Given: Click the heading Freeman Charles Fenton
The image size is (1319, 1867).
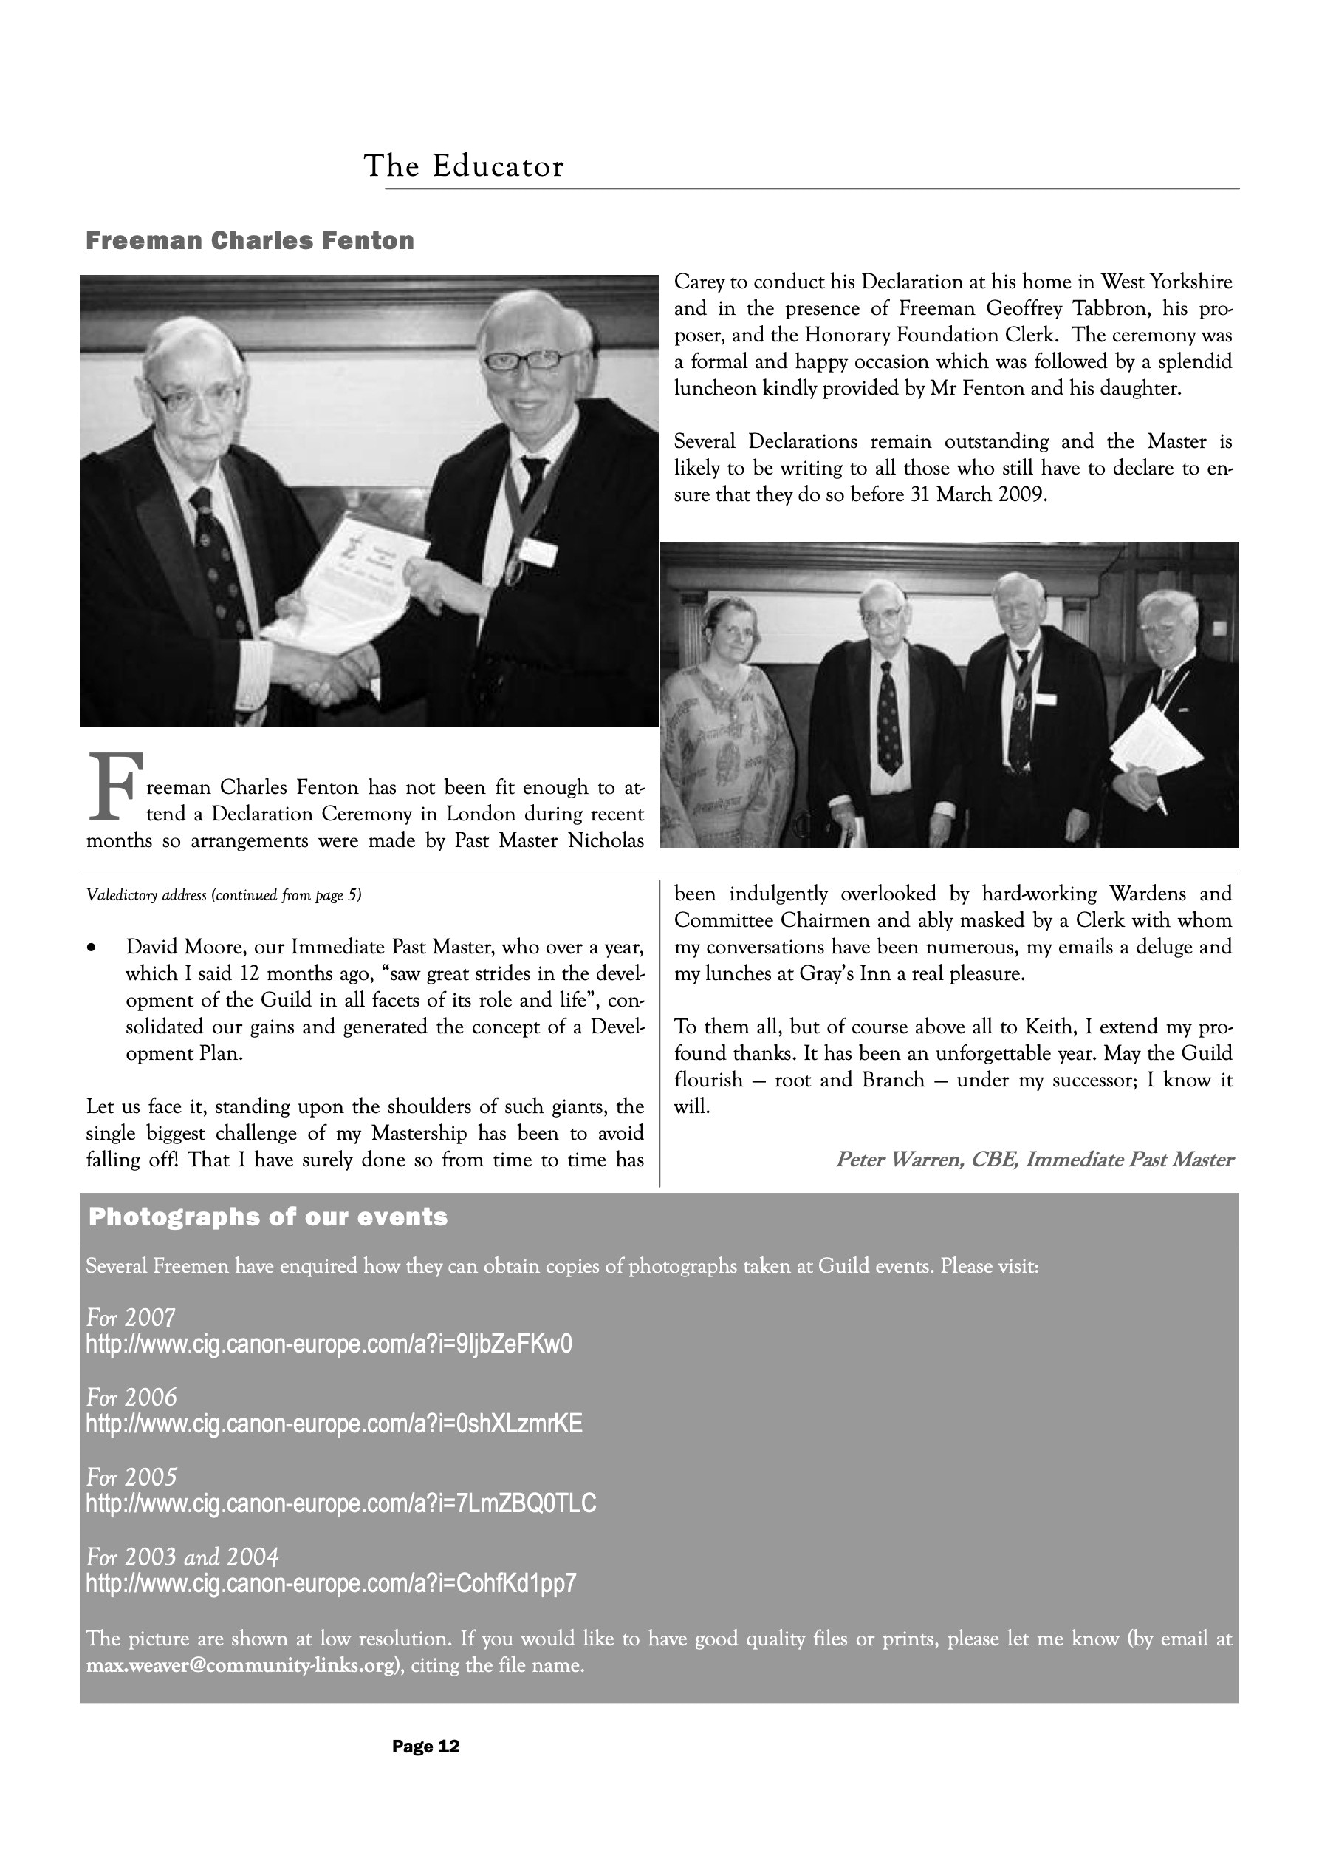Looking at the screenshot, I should coord(250,241).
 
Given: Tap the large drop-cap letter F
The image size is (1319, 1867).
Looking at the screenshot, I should coord(114,786).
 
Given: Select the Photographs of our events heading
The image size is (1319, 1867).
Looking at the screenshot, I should coord(267,1217).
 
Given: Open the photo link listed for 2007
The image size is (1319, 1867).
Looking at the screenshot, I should coord(329,1344).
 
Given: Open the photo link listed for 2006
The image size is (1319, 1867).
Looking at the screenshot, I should coord(334,1424).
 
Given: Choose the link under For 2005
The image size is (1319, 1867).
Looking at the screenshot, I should coord(341,1503).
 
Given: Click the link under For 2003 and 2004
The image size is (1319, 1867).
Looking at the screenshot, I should coord(331,1583).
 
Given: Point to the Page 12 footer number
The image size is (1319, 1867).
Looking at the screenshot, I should coord(426,1747).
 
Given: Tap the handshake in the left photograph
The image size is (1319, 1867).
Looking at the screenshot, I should coord(329,674).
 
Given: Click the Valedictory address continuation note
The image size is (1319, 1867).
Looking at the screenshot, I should coord(224,895).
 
